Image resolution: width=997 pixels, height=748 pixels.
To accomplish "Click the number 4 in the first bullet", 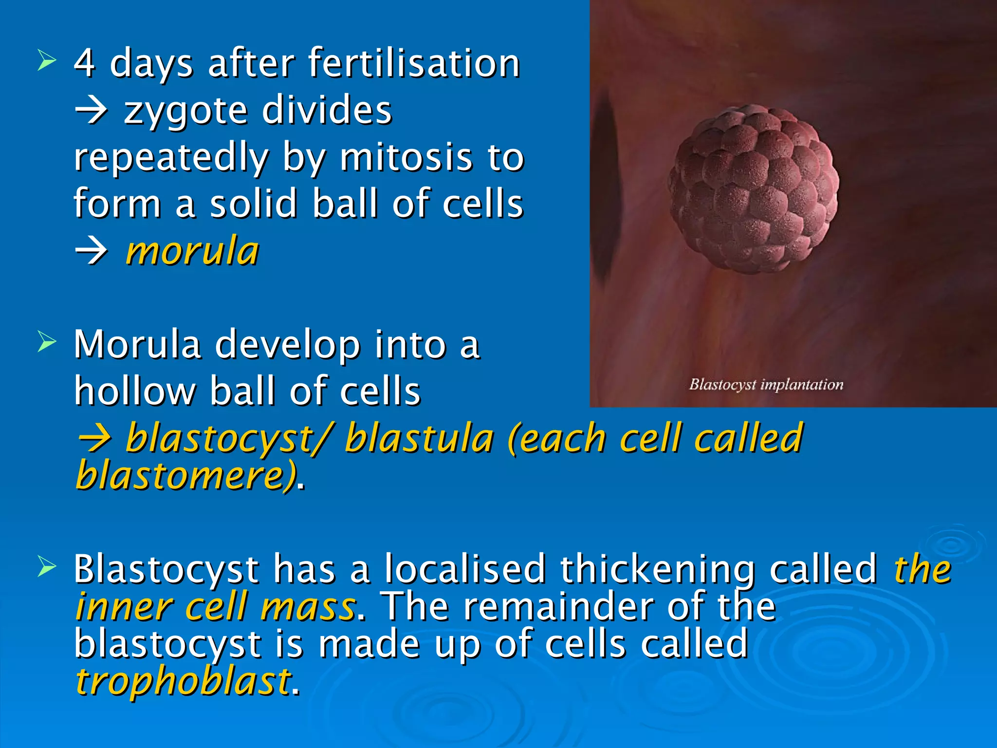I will (x=84, y=63).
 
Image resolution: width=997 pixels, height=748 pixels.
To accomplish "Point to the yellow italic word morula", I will (x=192, y=251).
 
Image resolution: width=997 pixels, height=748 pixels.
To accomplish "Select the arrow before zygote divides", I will (x=92, y=111).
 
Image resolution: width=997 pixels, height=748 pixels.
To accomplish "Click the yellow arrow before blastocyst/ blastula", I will (x=95, y=439).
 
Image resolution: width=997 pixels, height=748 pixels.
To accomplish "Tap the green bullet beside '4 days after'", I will (x=47, y=61).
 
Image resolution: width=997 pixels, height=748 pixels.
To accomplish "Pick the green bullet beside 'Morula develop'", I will (x=47, y=342).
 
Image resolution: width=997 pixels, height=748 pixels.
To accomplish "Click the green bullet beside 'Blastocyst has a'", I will (x=47, y=567).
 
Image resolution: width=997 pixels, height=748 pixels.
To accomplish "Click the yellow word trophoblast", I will (x=183, y=681).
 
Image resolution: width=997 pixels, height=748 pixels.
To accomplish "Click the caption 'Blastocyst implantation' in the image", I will (x=766, y=385).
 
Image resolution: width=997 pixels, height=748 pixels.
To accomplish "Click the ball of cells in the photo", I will (x=754, y=189).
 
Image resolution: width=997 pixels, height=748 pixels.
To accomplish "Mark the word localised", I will (x=465, y=569).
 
